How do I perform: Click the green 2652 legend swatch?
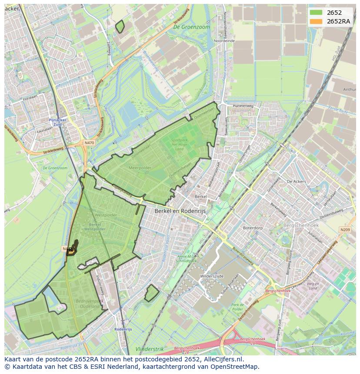click(x=316, y=13)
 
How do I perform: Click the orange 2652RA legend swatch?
click(x=316, y=21)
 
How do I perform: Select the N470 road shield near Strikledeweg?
click(x=89, y=142)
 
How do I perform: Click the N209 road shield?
click(x=345, y=229)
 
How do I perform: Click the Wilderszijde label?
click(x=212, y=276)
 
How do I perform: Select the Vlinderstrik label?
click(x=149, y=349)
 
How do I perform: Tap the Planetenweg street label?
click(x=243, y=106)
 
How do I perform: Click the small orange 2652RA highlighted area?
click(x=72, y=249)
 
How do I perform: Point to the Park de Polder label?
click(x=237, y=307)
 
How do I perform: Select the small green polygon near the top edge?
click(x=120, y=27)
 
